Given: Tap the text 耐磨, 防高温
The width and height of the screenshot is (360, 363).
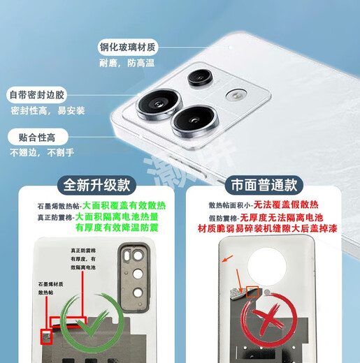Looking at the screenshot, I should pyautogui.click(x=130, y=63).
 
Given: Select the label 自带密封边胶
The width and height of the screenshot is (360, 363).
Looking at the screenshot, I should pyautogui.click(x=36, y=94).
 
